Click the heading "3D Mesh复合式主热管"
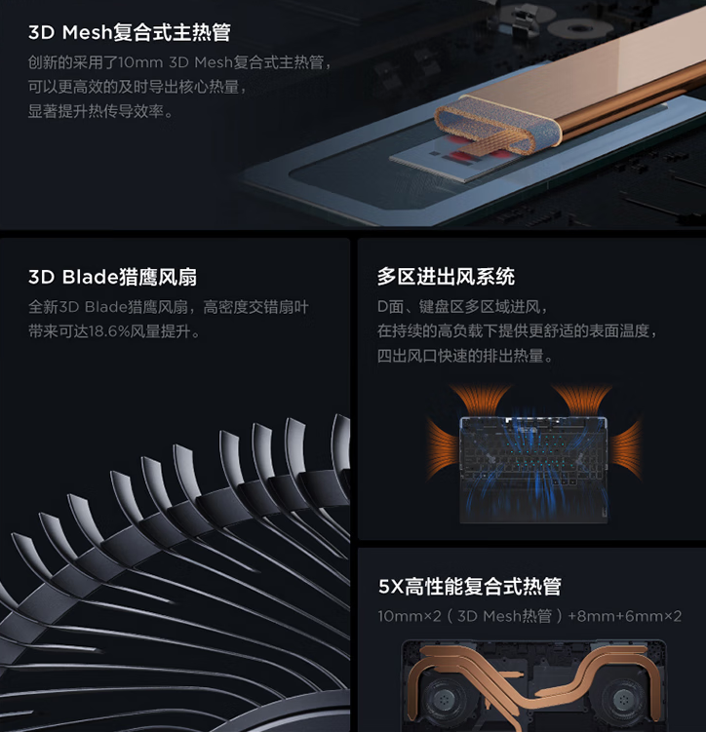(x=129, y=33)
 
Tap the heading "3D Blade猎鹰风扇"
(x=112, y=278)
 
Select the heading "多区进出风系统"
(x=446, y=277)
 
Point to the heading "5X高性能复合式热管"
(x=470, y=587)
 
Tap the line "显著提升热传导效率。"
(x=100, y=112)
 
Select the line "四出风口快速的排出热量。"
(x=465, y=357)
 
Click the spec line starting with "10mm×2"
(x=529, y=616)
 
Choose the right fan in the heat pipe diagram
(x=625, y=698)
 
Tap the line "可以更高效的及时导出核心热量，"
(x=137, y=88)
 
